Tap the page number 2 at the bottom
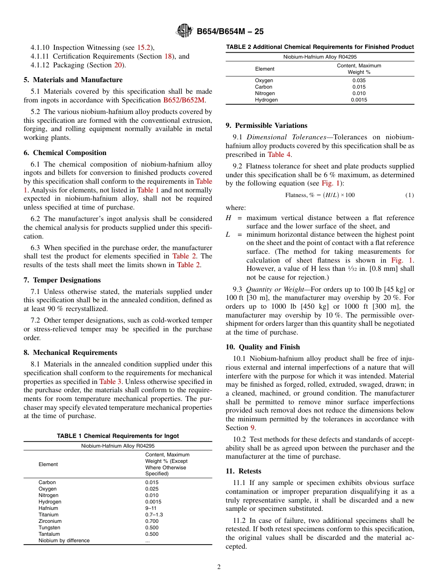tap(219, 567)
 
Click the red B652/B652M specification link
tap(184, 100)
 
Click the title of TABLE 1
tap(118, 436)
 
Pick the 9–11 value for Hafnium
tap(151, 508)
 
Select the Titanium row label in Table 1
tap(48, 515)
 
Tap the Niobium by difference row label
tap(64, 540)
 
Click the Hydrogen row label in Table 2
tap(266, 100)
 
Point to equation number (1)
tap(409, 195)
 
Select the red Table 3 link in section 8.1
tap(110, 382)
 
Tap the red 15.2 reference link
tap(143, 48)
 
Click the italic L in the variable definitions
tap(228, 234)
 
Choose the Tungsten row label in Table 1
tap(49, 527)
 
